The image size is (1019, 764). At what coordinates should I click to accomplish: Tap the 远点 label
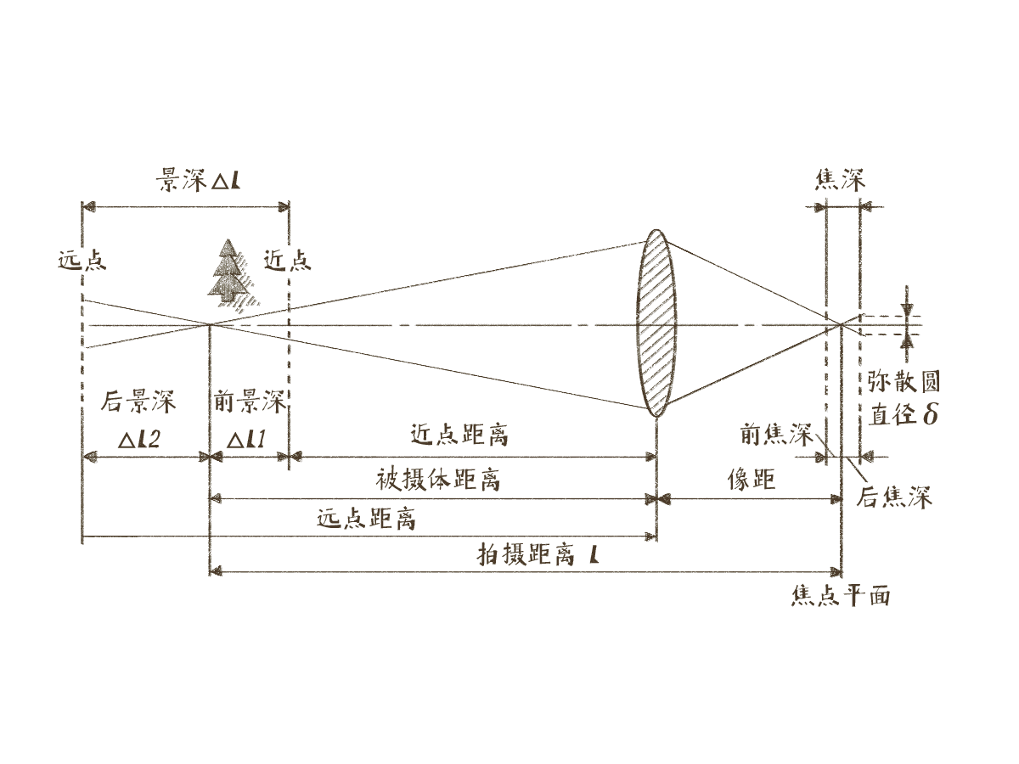tap(82, 260)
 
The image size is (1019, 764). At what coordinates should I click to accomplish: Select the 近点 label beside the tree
tap(287, 260)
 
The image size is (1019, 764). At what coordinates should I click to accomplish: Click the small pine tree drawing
tap(228, 272)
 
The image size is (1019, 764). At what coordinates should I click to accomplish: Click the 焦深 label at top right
tap(840, 180)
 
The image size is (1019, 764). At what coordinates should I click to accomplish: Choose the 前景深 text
tap(251, 402)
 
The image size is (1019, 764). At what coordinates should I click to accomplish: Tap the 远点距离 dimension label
tap(366, 519)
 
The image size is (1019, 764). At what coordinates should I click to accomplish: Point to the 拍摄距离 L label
tap(540, 556)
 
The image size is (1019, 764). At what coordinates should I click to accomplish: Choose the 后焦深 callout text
tap(894, 497)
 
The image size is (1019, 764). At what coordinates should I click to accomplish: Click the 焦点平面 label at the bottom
tap(840, 596)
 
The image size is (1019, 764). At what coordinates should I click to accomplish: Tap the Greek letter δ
tap(930, 414)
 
